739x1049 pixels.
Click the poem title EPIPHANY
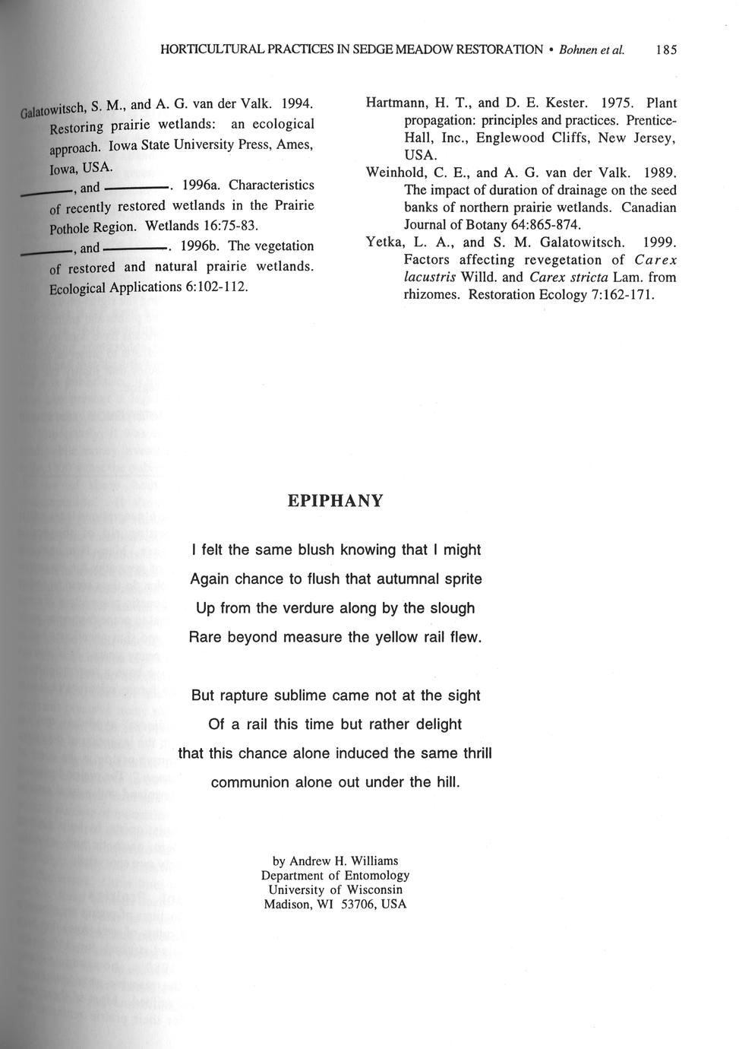336,501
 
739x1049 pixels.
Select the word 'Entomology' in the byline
374,876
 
